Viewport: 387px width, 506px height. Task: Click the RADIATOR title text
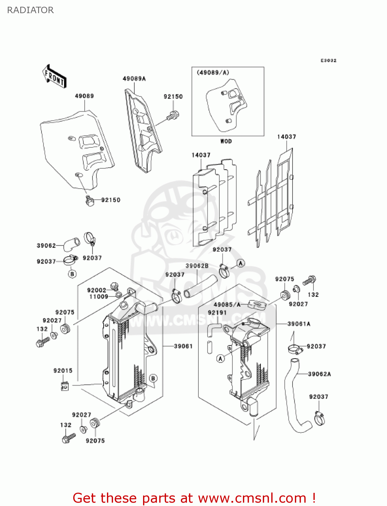pos(30,10)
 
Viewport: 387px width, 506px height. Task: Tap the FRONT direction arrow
pos(54,77)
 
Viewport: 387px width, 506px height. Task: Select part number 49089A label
pos(134,79)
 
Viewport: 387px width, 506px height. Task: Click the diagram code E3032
pos(328,60)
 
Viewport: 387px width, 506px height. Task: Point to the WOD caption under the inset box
pos(226,141)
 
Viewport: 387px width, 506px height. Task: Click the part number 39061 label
pos(183,346)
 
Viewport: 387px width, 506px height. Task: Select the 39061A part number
pos(299,324)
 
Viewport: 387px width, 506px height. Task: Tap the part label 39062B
pos(197,266)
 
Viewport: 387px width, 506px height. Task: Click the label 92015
pos(63,370)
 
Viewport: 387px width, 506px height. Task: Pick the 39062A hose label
pos(319,374)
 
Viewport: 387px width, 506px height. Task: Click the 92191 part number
pos(217,313)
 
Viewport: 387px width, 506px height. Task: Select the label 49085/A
pos(227,305)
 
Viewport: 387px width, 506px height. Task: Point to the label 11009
pos(99,297)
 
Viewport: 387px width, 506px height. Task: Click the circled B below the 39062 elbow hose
pos(72,274)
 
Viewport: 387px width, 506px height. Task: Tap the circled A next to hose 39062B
pos(241,263)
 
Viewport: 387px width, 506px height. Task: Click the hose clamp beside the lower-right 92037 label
pos(319,418)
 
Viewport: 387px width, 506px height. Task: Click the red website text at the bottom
pos(194,498)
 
